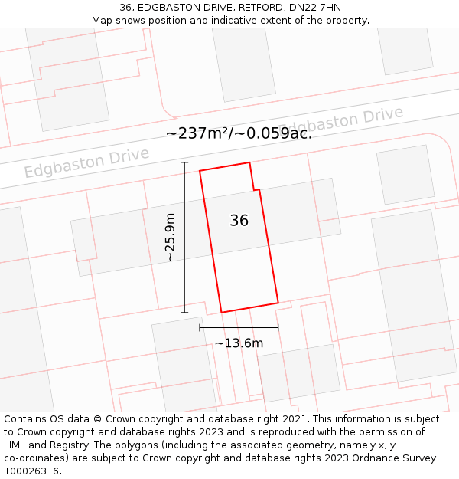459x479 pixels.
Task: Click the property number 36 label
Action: point(239,221)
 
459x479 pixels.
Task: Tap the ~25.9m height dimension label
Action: point(170,238)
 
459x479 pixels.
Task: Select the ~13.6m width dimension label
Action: point(239,343)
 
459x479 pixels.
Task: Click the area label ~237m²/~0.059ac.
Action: point(239,133)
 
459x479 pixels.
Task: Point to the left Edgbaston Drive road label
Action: point(86,162)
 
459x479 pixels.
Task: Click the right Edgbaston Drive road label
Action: point(340,121)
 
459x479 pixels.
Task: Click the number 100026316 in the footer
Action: point(32,471)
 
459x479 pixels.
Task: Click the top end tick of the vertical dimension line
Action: point(184,162)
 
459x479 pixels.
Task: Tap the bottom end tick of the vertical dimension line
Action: point(184,312)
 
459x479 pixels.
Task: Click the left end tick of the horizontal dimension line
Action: point(200,327)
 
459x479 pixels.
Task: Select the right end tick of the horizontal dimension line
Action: point(278,327)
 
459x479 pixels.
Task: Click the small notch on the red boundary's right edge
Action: point(256,189)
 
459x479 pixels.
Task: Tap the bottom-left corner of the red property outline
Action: point(222,312)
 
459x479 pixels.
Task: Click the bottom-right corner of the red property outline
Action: point(278,303)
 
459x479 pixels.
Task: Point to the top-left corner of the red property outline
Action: point(200,171)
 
